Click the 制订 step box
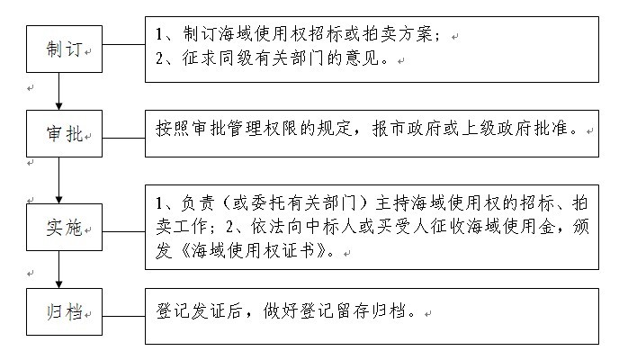[65, 49]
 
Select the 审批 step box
[65, 133]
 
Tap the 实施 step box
[65, 227]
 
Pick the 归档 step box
[65, 311]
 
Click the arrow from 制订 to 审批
[58, 91]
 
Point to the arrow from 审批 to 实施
[58, 180]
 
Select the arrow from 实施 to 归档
[58, 270]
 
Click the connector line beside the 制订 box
[123, 44]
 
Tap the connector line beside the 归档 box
[123, 316]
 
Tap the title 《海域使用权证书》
[254, 250]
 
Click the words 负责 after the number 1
[198, 202]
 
